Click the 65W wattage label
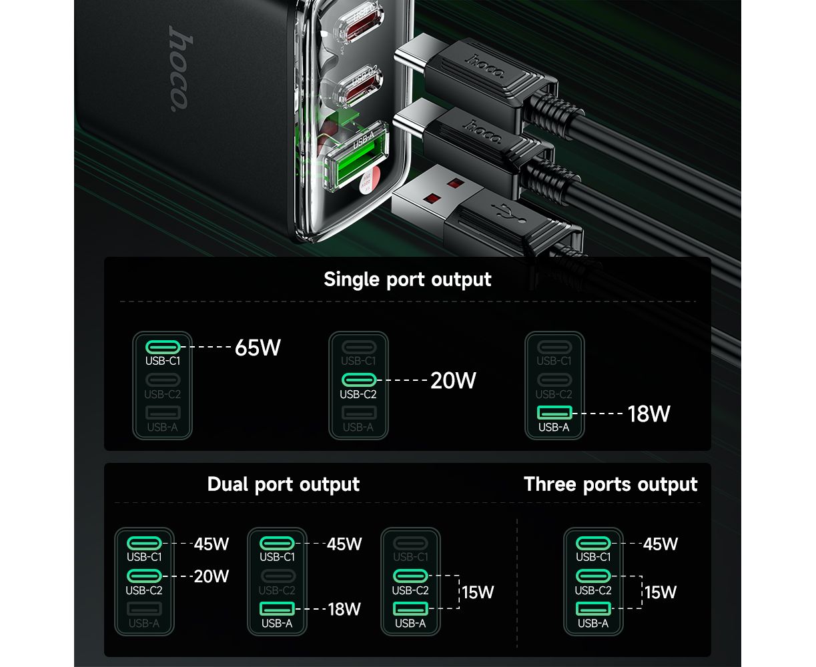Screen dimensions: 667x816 258,348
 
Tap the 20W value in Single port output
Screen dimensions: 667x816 453,380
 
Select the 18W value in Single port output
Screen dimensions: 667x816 649,414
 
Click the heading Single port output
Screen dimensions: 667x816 407,279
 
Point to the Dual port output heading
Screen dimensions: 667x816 283,484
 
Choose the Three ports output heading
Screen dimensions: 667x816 610,484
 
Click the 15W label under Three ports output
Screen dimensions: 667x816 660,592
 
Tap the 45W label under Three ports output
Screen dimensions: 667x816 660,544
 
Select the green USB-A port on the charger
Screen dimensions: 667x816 355,157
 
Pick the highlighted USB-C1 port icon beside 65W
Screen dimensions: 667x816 163,347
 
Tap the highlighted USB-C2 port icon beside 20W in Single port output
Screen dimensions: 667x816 359,380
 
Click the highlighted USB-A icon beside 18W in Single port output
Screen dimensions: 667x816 554,412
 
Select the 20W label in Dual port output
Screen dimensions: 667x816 211,576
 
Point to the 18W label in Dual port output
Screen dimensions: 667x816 344,609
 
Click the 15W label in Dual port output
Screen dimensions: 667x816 477,592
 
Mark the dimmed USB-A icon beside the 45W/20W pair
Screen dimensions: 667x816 144,609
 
